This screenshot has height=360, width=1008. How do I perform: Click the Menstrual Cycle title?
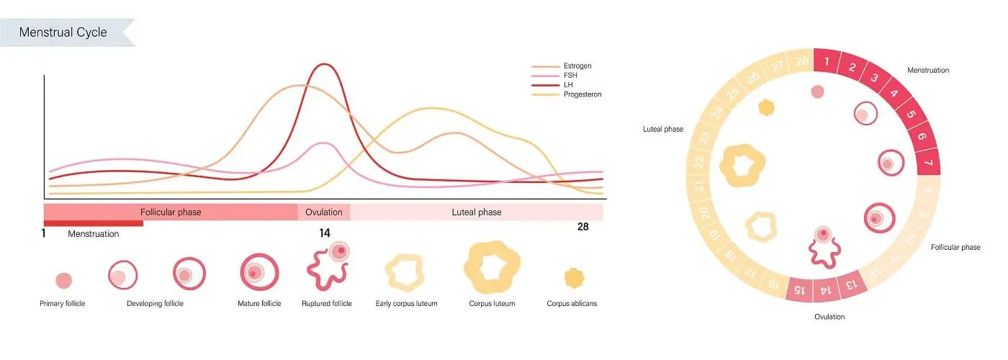click(63, 32)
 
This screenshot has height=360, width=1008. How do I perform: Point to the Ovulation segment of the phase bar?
click(323, 212)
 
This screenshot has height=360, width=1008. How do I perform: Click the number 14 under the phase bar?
click(325, 233)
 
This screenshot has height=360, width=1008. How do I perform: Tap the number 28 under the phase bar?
click(583, 227)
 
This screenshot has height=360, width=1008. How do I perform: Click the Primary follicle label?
click(62, 304)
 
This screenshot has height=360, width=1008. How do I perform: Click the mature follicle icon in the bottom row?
click(255, 271)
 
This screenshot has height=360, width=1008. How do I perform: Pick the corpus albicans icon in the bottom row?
click(574, 277)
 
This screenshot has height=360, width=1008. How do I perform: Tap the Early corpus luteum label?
click(406, 304)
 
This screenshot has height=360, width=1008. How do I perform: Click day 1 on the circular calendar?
click(827, 62)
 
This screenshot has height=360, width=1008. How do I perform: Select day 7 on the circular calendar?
click(928, 163)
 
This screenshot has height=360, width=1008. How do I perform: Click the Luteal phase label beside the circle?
click(662, 130)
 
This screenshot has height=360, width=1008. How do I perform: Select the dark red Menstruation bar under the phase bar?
click(94, 223)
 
